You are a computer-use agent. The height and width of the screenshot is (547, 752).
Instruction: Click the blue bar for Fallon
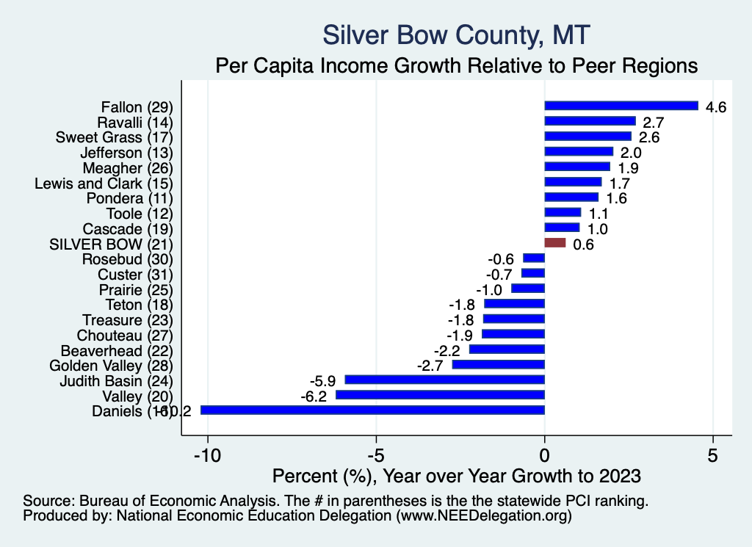click(x=621, y=106)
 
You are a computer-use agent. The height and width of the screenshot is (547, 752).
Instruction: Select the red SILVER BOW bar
click(x=555, y=243)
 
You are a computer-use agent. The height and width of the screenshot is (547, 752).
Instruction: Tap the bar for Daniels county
click(x=372, y=410)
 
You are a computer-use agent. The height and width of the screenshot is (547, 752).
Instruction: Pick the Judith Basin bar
click(x=445, y=380)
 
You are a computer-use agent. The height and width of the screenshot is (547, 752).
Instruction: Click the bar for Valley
click(x=440, y=395)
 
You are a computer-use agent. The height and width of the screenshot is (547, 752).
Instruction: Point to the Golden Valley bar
click(x=499, y=364)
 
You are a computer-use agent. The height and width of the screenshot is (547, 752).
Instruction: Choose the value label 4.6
click(x=715, y=107)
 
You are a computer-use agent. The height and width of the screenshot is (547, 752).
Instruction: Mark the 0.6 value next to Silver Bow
click(x=583, y=244)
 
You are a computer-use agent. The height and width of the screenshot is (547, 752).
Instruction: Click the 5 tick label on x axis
click(x=712, y=454)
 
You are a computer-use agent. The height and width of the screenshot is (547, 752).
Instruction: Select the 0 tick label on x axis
click(x=544, y=454)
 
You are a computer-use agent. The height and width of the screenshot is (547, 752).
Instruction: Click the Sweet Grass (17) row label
click(x=114, y=137)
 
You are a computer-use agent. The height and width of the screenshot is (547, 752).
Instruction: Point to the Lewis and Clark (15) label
click(x=104, y=182)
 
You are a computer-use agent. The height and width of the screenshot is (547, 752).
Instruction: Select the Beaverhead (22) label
click(x=116, y=350)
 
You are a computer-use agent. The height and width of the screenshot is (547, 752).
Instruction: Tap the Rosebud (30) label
click(x=127, y=258)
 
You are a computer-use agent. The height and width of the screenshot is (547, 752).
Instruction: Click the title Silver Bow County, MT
click(x=456, y=35)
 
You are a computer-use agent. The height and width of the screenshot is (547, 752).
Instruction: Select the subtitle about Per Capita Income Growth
click(x=456, y=65)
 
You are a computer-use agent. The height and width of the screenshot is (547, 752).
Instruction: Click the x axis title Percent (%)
click(x=456, y=476)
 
